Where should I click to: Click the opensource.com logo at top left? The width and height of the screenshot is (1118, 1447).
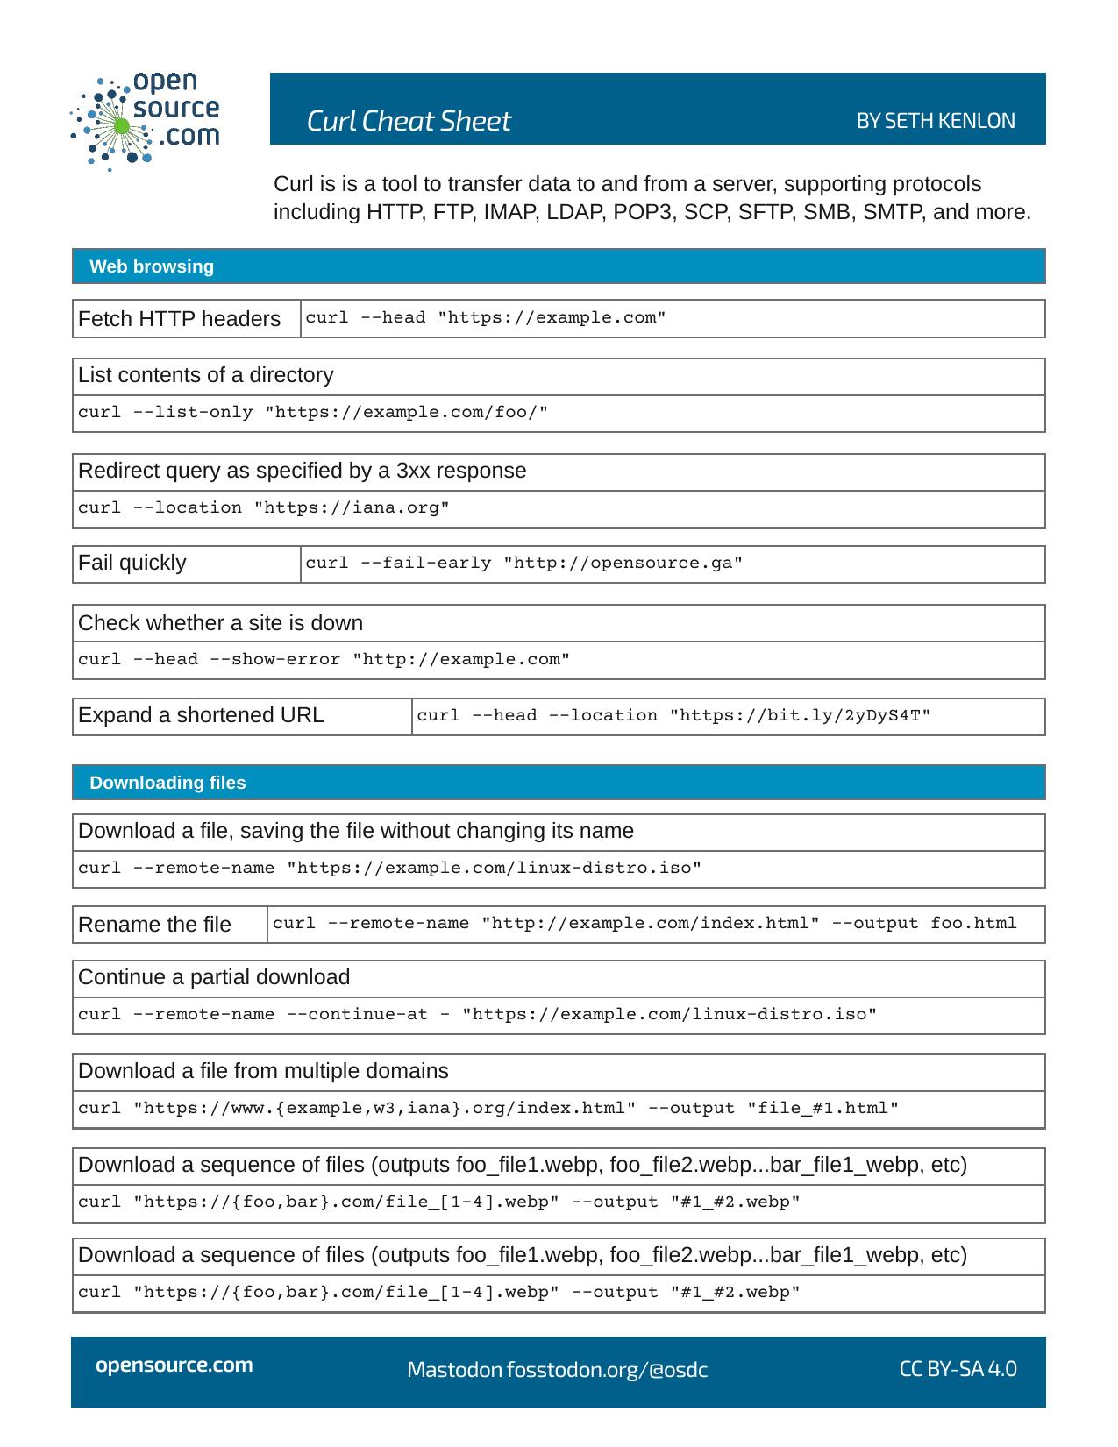(x=145, y=120)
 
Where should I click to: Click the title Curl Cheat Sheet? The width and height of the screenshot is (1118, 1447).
(x=408, y=121)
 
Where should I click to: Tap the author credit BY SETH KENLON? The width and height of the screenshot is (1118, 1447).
(x=935, y=121)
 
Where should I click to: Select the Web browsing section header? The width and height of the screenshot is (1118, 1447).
(x=152, y=266)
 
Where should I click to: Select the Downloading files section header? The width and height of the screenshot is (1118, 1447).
(x=167, y=783)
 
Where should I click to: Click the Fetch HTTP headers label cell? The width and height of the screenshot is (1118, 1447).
(x=179, y=319)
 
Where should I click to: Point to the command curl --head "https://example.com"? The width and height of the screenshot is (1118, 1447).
(x=486, y=318)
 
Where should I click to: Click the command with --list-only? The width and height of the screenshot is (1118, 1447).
(x=313, y=413)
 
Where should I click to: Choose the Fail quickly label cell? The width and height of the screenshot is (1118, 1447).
(x=132, y=563)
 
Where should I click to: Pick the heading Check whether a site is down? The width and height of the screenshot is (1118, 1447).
(x=220, y=623)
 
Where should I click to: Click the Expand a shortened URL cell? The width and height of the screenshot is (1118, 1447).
(x=201, y=715)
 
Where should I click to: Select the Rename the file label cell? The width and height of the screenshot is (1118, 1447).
(x=154, y=925)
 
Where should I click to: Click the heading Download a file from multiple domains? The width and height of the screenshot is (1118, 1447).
(x=263, y=1071)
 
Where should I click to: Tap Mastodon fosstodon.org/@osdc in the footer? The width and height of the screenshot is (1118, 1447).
(x=557, y=1370)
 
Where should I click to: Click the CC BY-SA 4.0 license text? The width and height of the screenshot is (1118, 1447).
(x=958, y=1369)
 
